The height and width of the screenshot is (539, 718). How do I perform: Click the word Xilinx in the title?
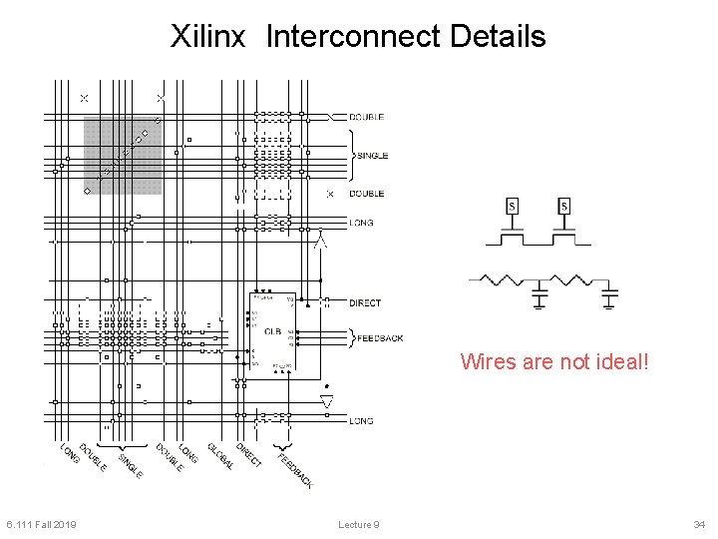(x=207, y=37)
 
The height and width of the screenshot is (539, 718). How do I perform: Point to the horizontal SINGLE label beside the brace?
(x=372, y=156)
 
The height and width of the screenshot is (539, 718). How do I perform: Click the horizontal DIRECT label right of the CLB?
(x=365, y=302)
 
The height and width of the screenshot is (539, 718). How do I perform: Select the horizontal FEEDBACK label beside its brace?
(x=380, y=338)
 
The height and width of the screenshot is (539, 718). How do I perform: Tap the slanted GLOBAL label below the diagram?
(x=220, y=456)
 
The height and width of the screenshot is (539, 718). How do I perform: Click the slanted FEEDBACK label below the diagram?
(x=295, y=471)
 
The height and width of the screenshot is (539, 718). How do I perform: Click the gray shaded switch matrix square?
(x=122, y=156)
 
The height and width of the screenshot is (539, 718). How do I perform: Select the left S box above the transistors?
(x=513, y=207)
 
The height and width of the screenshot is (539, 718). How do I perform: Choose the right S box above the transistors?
(x=564, y=207)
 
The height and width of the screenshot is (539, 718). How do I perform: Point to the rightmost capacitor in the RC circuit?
(x=610, y=294)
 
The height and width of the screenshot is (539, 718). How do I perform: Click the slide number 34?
(x=698, y=525)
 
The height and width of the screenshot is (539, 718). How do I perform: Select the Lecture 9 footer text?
(x=358, y=525)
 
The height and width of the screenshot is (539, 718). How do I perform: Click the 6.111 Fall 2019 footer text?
(x=41, y=525)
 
